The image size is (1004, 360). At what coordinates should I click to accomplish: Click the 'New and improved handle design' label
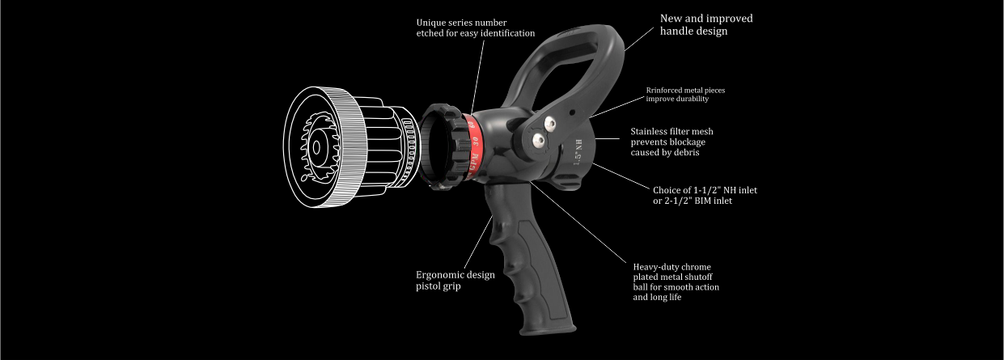(706, 24)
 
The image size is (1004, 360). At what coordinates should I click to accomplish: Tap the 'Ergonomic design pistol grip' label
(455, 280)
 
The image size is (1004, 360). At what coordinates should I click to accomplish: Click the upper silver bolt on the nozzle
(549, 123)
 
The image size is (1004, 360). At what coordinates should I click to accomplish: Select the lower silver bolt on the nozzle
(538, 142)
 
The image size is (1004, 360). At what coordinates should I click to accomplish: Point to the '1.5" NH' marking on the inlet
(578, 152)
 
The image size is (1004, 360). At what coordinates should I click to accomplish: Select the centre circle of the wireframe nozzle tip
(316, 148)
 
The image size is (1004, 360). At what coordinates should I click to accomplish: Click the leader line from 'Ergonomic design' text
(478, 242)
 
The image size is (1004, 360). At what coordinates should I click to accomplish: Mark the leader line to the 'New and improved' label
(639, 39)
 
